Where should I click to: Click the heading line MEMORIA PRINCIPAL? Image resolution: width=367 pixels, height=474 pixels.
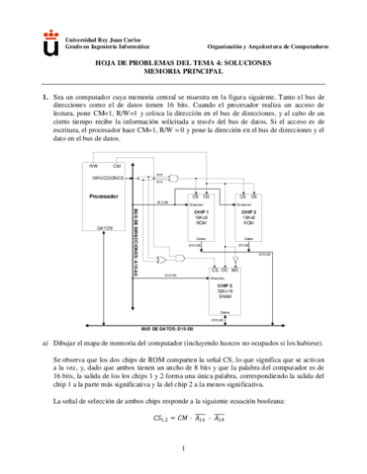tap(184, 72)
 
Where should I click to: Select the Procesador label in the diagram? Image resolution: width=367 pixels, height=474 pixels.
tap(104, 197)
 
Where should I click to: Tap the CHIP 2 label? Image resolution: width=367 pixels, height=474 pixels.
tap(248, 212)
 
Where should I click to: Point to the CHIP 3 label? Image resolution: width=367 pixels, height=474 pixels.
tap(225, 284)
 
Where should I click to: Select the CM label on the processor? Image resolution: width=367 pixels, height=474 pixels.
tap(116, 165)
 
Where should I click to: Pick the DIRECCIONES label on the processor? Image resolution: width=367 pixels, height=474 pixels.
tap(109, 178)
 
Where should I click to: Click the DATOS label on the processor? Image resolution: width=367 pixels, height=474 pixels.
tap(105, 228)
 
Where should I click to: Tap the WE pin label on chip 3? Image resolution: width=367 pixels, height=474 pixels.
tap(235, 269)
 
